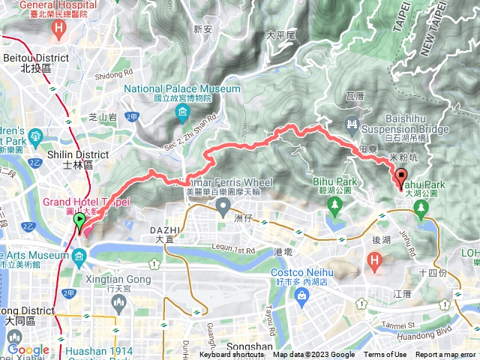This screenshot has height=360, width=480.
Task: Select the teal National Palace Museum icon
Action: coord(182,114)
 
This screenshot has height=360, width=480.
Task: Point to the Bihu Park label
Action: coord(332,182)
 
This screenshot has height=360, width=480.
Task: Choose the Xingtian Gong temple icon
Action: coord(117,302)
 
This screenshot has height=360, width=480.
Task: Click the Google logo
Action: coord(28,349)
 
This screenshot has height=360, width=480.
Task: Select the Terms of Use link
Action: coord(385,355)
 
